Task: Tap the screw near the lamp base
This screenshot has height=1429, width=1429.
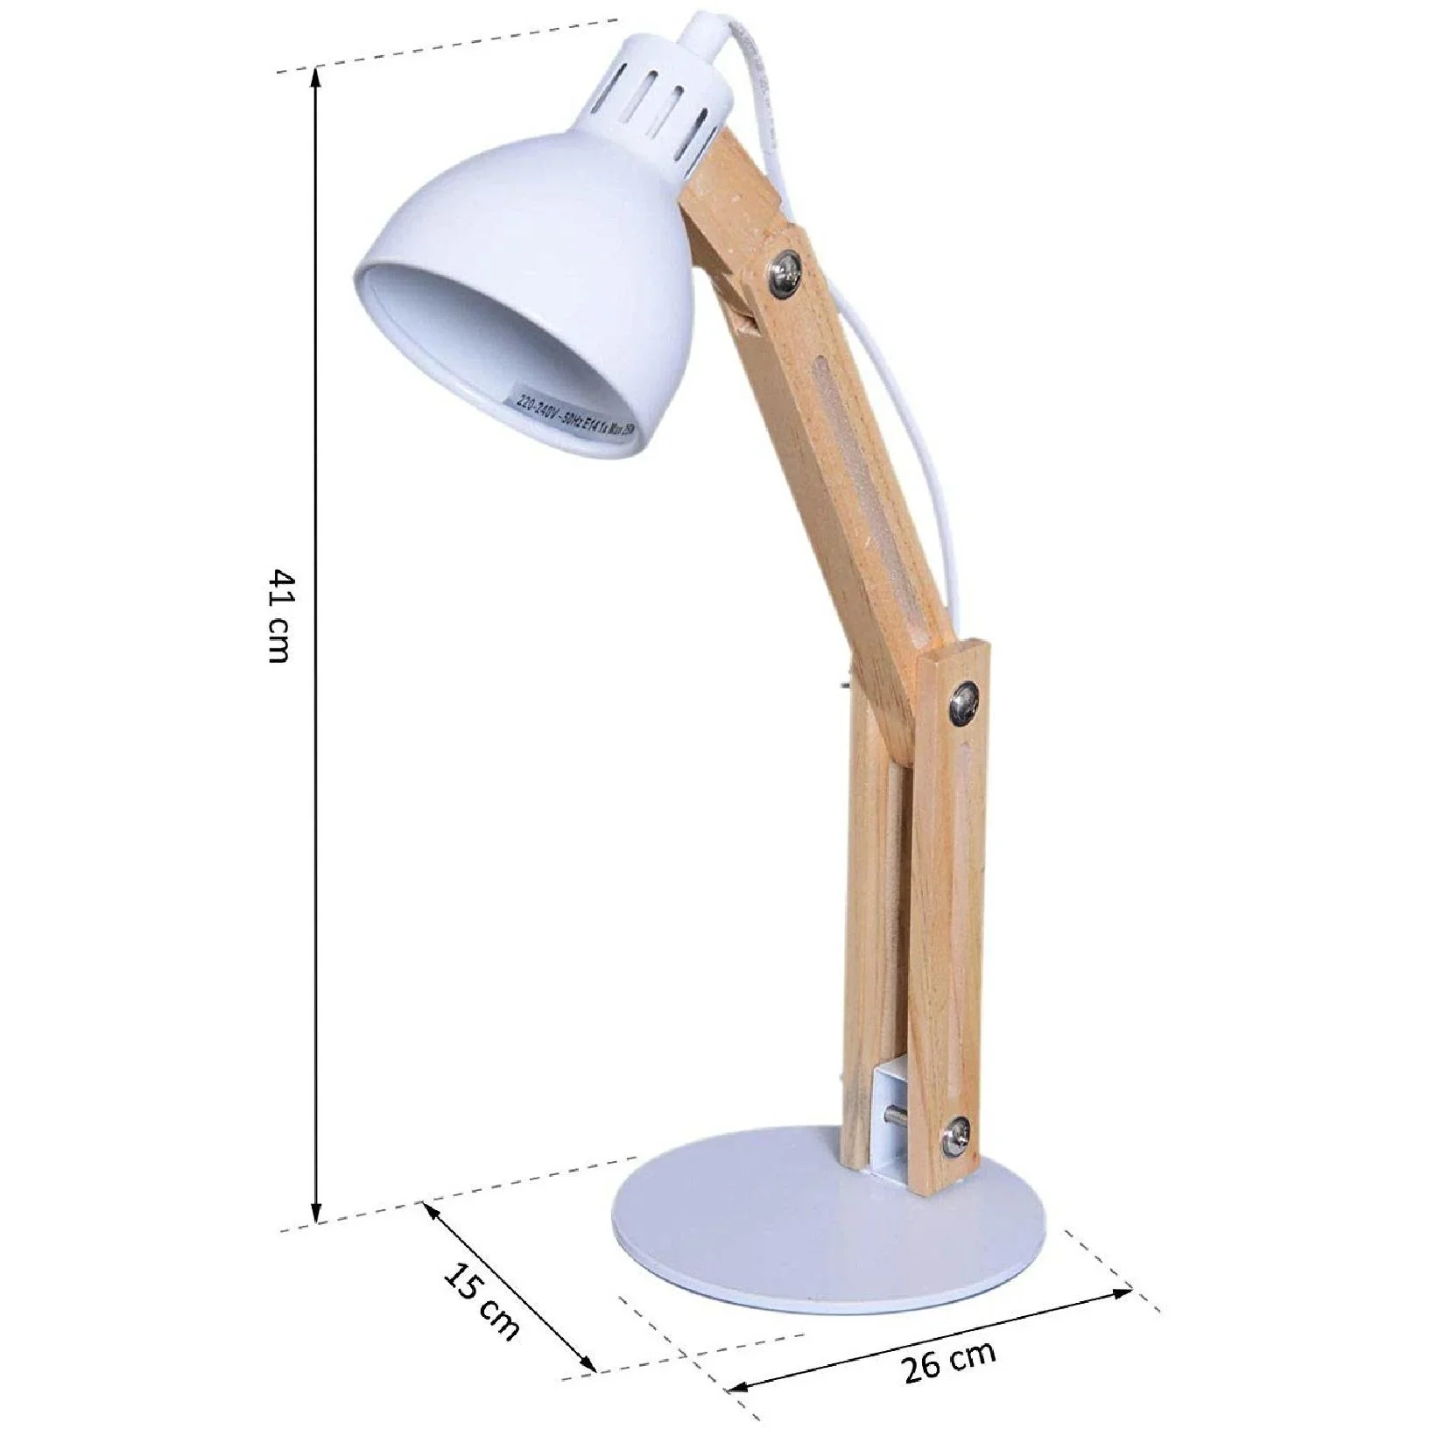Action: click(x=955, y=1139)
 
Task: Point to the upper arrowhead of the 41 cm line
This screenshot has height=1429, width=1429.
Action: click(x=316, y=74)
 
